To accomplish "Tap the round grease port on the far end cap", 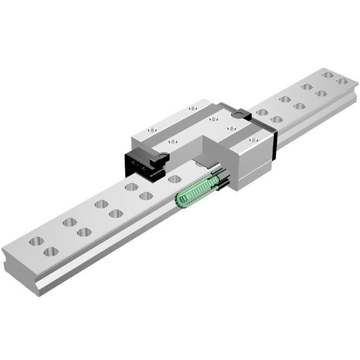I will (236, 114).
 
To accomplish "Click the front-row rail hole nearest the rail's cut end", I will (51, 251).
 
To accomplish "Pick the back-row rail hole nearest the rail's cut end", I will (36, 241).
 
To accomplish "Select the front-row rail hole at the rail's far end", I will (342, 81).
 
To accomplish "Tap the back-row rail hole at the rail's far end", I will (327, 75).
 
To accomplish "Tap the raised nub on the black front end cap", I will (161, 158).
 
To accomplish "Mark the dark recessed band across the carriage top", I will (179, 128).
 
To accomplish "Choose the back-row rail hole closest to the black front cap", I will (131, 187).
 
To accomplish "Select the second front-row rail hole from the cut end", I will (84, 232).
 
